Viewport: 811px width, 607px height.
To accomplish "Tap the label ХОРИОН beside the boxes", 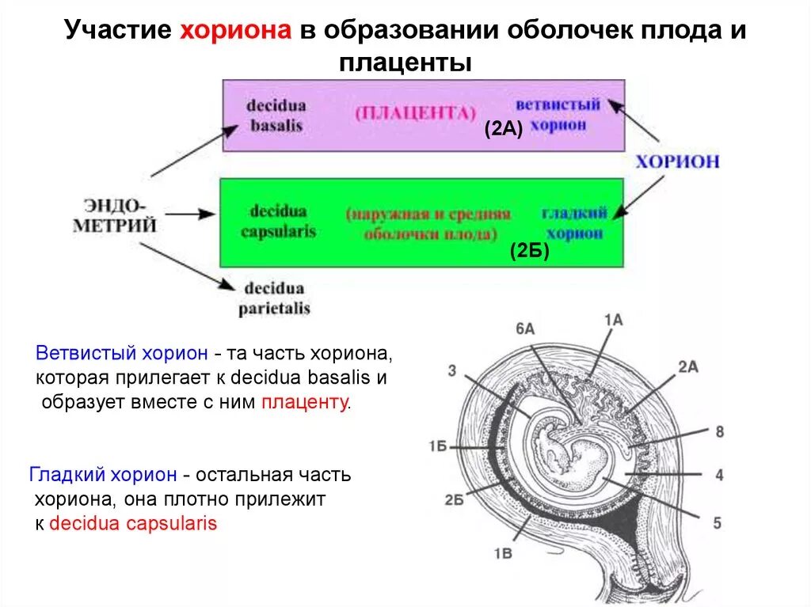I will point(678,161).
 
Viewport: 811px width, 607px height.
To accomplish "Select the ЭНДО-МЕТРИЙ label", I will point(115,215).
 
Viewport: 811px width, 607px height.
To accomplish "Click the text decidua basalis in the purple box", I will point(276,116).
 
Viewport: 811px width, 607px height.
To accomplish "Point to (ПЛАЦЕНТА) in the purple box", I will point(416,112).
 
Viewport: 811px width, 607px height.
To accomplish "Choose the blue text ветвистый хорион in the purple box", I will point(558,115).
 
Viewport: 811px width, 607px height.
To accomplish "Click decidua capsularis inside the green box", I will point(278,222).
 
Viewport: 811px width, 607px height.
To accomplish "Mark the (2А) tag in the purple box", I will point(504,131).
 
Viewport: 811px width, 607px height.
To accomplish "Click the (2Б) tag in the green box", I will point(529,252).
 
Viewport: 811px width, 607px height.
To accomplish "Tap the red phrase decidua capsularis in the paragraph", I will point(133,524).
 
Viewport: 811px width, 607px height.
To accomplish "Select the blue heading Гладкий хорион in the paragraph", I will point(103,476).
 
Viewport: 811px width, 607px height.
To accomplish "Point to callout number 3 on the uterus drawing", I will point(451,371).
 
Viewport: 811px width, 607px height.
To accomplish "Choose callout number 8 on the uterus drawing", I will point(719,431).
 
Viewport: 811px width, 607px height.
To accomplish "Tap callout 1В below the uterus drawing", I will point(503,553).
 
